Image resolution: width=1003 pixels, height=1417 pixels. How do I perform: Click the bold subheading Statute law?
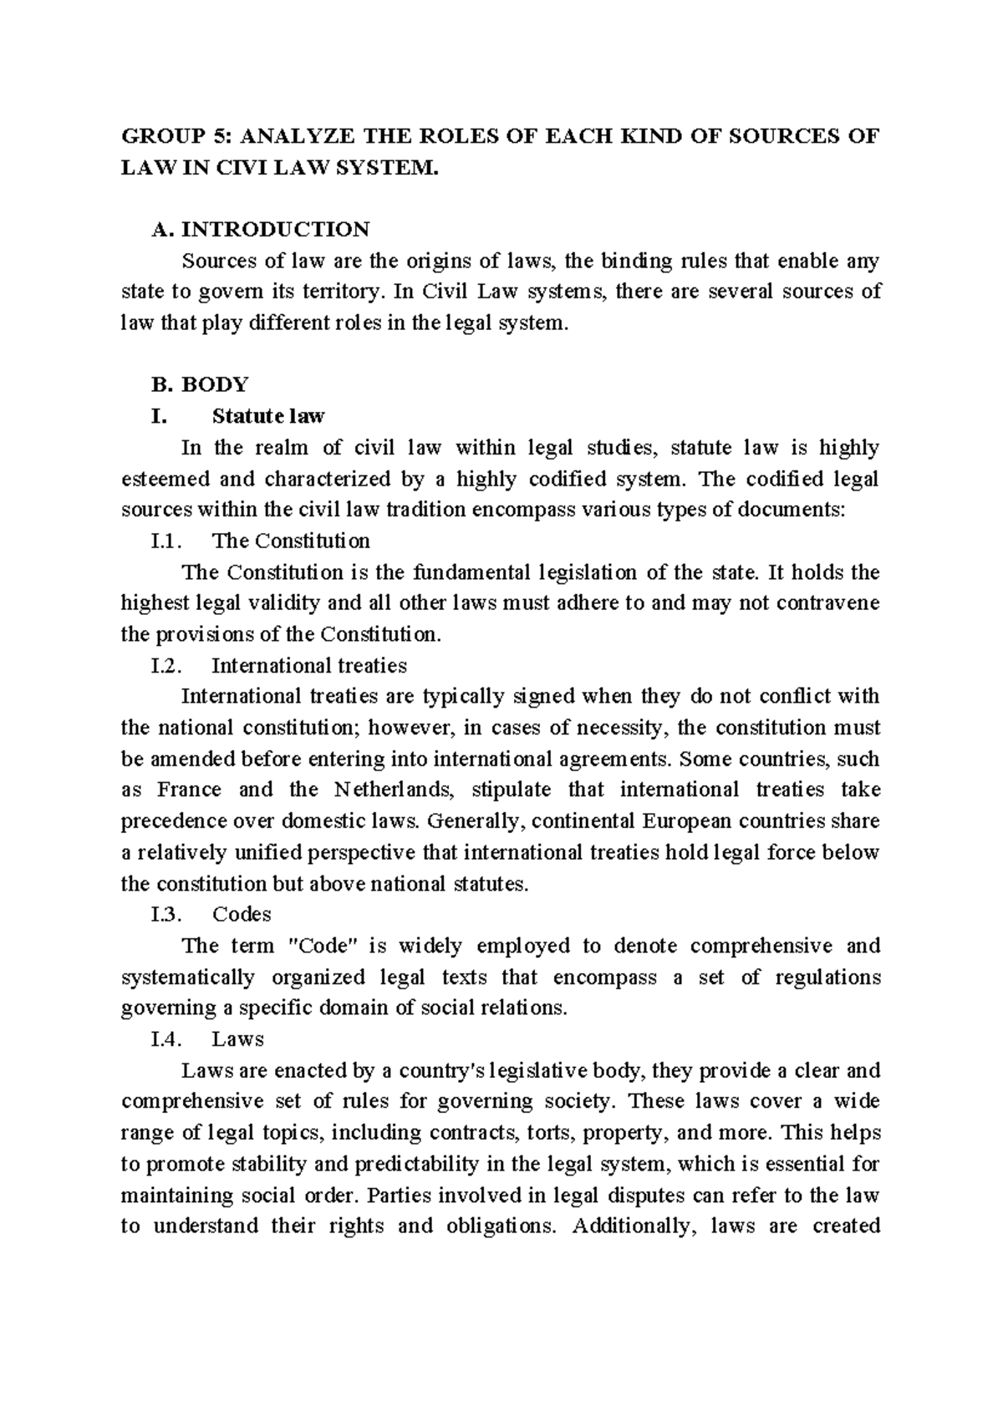[x=268, y=415]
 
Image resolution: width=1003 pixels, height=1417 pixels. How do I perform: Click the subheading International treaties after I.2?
[x=309, y=665]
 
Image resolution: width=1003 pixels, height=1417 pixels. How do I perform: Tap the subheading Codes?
[x=242, y=914]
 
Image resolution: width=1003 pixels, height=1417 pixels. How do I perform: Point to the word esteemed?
[x=163, y=479]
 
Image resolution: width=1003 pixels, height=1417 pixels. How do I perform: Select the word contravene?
[x=828, y=603]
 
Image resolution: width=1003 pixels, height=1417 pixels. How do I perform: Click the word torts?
[x=549, y=1132]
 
